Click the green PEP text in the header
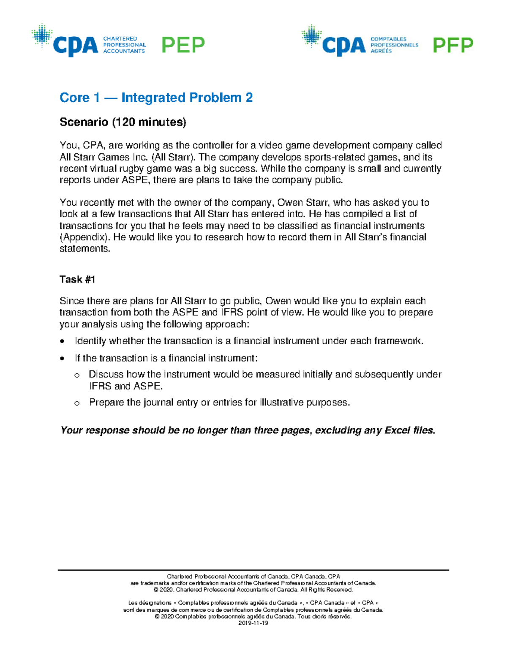183,45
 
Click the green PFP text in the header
453,45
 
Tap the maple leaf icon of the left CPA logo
42,35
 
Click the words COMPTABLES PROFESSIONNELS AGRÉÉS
394,45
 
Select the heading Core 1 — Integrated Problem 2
156,98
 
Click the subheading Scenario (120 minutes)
123,122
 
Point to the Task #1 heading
77,279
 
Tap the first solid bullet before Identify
63,341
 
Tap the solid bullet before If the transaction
63,359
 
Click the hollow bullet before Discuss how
77,375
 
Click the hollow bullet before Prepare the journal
77,403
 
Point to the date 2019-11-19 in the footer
253,623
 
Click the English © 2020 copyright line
253,590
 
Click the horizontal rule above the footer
253,570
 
